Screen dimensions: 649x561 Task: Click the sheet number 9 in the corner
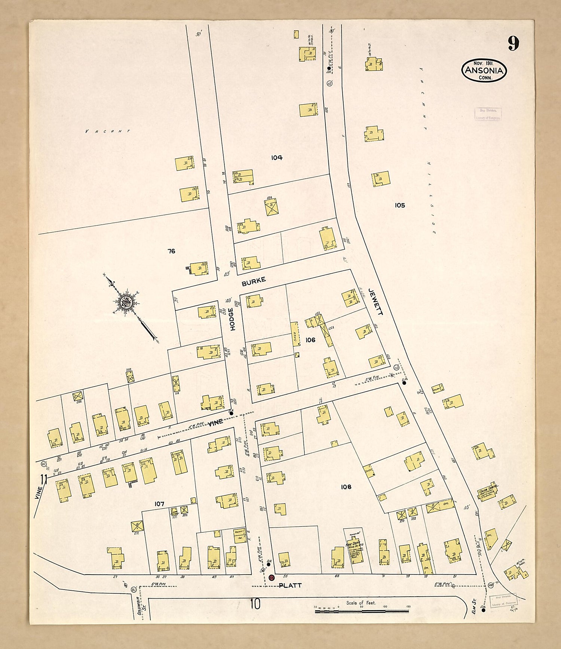[513, 44]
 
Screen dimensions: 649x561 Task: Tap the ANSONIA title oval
[484, 70]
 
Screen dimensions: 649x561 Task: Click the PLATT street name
[290, 585]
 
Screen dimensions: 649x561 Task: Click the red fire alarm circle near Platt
[272, 578]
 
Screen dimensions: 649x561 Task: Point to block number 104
[277, 157]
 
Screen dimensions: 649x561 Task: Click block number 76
[171, 251]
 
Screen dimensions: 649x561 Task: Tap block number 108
[346, 487]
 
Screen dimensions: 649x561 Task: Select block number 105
[399, 205]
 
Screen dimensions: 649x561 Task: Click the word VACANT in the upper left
[107, 131]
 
